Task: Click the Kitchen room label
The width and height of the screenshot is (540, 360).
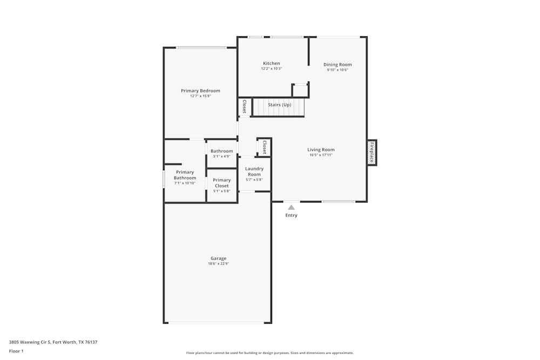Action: pos(271,63)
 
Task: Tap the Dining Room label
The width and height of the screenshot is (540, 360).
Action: pos(337,64)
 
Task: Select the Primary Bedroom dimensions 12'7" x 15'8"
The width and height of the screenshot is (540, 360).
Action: pos(200,96)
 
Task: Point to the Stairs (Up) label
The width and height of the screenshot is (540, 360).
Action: pos(279,105)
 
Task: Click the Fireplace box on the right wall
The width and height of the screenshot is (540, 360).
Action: pos(372,153)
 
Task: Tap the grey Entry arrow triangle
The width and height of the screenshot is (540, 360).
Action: pos(291,207)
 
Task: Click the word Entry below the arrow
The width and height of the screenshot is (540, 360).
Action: pos(291,215)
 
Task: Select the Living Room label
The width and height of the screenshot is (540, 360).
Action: pos(321,150)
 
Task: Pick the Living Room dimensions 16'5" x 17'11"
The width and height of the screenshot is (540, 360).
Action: pos(321,155)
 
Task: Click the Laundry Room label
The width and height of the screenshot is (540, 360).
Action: pos(254,171)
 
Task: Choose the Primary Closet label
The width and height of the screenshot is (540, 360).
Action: pos(221,183)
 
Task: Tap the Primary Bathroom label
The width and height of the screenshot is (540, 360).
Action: pos(185,175)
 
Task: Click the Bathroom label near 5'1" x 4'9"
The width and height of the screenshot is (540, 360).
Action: pos(221,151)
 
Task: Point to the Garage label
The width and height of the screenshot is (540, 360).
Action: pos(218,258)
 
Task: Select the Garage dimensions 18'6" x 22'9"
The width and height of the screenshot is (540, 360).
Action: pos(218,263)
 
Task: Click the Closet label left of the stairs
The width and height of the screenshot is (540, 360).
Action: pos(244,106)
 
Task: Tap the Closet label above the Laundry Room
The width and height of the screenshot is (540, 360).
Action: pos(264,147)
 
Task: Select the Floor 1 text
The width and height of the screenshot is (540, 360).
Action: pos(16,351)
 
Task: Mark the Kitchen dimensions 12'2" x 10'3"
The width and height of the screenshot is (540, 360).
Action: pos(271,69)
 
